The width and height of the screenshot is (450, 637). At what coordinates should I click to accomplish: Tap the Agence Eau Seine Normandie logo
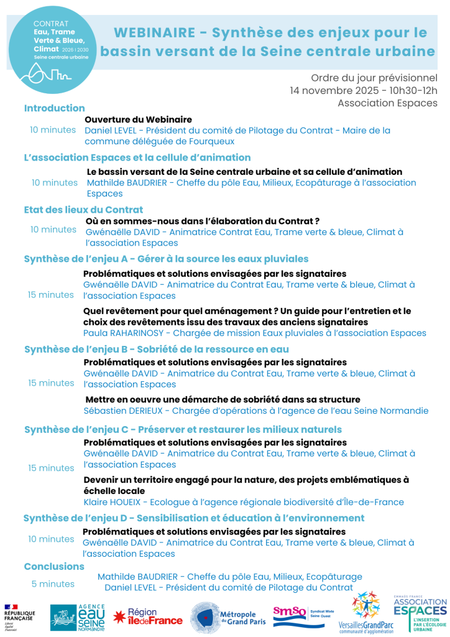pos(77,617)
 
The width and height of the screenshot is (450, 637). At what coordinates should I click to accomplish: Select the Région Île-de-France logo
pos(148,616)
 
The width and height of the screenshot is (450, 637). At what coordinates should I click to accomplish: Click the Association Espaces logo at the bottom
pos(420,614)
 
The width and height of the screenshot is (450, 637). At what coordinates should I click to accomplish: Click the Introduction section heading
pos(55,108)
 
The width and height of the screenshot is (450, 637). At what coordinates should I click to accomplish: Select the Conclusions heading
pos(54,567)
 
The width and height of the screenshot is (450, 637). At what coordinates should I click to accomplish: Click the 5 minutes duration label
pos(53,584)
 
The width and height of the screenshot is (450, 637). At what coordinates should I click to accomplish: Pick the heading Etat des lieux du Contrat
pos(83,210)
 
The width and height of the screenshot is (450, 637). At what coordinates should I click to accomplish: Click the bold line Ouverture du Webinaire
pos(138,119)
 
